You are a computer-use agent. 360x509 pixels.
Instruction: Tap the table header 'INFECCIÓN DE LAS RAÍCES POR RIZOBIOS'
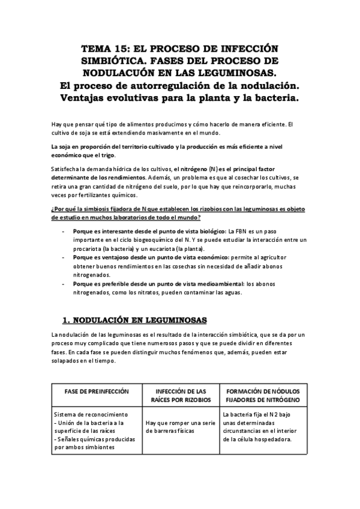click(x=180, y=395)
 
